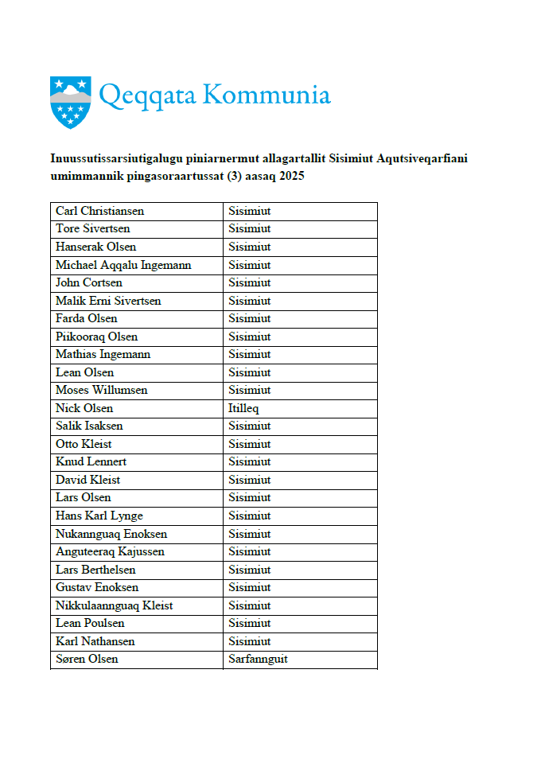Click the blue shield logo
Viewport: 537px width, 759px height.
point(70,101)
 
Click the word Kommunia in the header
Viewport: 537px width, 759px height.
point(266,95)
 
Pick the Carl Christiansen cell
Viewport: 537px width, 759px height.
point(99,212)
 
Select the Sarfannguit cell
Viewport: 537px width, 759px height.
point(258,660)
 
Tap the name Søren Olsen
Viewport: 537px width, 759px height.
point(87,660)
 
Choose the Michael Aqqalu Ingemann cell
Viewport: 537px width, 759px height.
point(123,265)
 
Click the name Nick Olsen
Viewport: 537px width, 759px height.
point(84,408)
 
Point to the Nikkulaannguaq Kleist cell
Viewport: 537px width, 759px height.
point(115,605)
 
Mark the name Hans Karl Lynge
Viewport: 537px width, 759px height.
point(99,516)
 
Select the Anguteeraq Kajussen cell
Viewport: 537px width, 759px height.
point(110,551)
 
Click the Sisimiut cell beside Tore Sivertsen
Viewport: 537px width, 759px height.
point(250,229)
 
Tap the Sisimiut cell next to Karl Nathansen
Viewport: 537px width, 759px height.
point(250,641)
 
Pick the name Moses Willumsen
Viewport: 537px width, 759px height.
point(102,390)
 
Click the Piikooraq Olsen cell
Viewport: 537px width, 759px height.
point(96,337)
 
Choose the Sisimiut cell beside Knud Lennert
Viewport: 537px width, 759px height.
point(250,461)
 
